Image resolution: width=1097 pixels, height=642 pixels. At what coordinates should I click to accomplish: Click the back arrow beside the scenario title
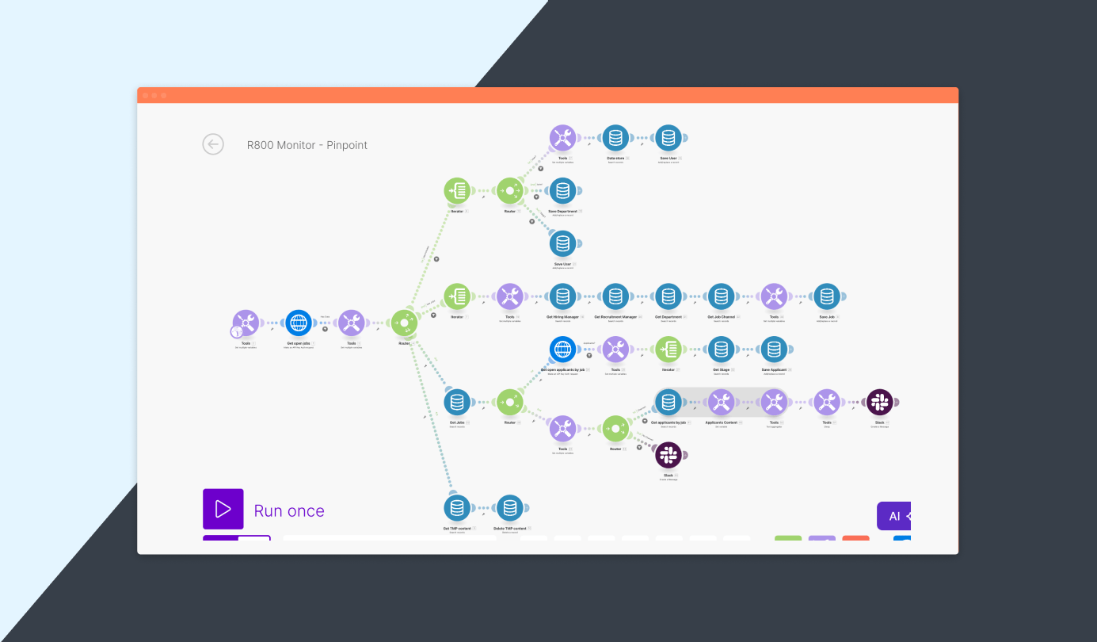click(213, 144)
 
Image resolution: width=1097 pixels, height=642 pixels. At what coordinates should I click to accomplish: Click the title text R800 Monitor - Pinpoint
click(307, 145)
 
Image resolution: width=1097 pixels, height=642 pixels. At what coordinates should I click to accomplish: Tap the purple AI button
click(894, 516)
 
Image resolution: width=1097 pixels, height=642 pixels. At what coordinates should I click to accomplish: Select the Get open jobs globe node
click(299, 323)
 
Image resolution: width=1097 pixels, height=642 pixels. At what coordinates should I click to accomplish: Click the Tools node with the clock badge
click(246, 323)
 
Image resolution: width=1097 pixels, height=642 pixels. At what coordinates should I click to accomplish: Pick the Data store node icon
click(615, 138)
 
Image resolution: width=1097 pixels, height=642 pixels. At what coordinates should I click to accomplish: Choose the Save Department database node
click(562, 191)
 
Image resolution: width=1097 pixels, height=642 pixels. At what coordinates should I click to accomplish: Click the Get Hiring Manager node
click(562, 296)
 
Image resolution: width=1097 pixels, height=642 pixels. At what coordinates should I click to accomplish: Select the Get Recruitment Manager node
click(615, 296)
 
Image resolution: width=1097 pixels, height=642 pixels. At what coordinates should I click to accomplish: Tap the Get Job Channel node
click(721, 296)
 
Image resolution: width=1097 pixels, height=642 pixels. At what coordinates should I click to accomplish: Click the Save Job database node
click(827, 296)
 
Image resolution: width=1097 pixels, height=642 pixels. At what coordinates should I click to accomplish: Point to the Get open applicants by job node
click(562, 350)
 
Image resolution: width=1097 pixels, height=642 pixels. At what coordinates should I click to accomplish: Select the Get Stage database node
click(721, 350)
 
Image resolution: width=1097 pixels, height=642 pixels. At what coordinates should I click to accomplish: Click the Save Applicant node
click(774, 350)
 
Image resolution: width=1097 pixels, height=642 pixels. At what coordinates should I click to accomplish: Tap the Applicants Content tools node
click(721, 403)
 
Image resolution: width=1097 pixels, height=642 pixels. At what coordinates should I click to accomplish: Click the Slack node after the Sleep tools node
click(879, 403)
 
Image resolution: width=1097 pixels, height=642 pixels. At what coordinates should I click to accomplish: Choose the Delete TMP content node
click(509, 508)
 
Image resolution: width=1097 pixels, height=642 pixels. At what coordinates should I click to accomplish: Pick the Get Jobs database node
click(456, 403)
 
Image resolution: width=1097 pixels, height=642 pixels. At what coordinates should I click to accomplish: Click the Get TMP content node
click(456, 508)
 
